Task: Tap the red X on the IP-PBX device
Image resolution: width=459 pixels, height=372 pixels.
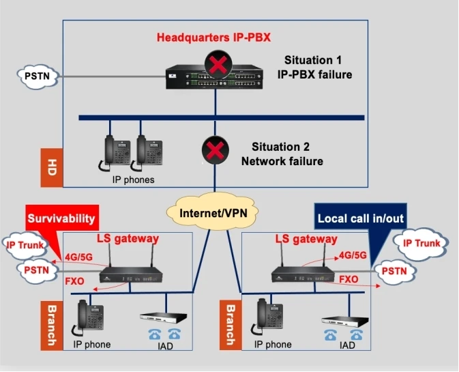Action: click(217, 68)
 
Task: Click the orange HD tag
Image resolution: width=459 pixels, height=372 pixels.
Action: click(52, 167)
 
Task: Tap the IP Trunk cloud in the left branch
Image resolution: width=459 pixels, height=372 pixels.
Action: click(25, 244)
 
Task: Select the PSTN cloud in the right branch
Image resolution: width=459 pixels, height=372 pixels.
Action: click(394, 271)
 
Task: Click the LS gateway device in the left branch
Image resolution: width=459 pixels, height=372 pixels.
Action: click(130, 275)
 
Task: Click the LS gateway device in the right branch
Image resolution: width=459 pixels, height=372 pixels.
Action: click(301, 275)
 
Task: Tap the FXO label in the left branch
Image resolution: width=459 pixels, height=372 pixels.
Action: click(75, 281)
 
